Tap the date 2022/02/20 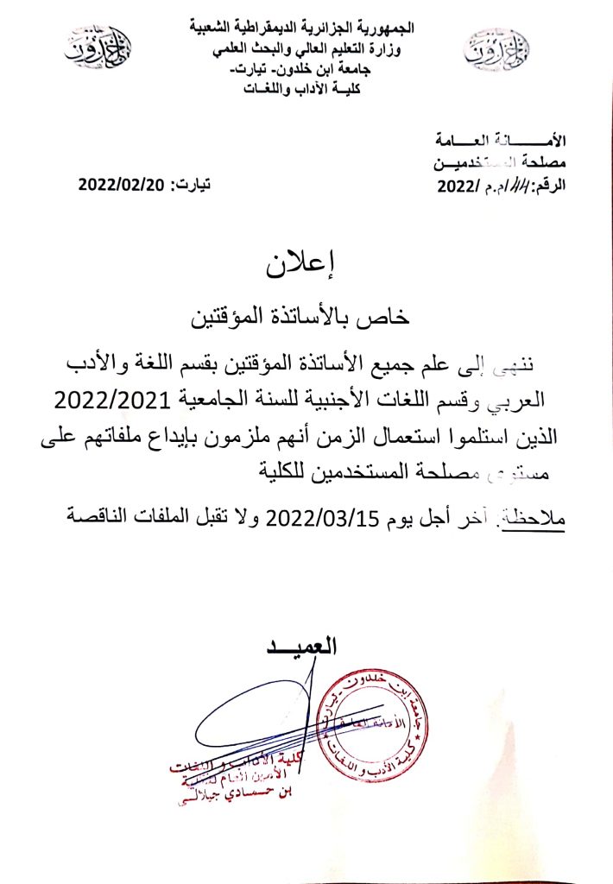pyautogui.click(x=121, y=185)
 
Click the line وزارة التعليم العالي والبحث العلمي pyautogui.click(x=305, y=50)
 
